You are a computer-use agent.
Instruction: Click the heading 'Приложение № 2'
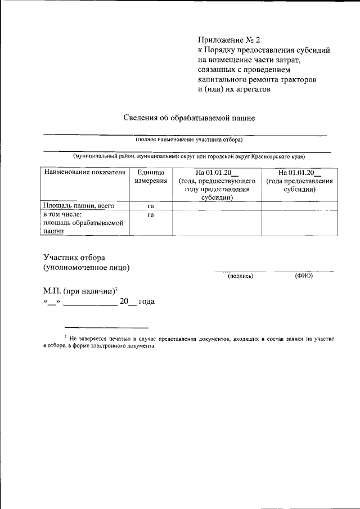229,39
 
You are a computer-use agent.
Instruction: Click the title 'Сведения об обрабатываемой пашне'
190,118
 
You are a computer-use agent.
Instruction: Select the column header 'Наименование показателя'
84,173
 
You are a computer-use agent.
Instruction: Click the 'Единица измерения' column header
150,177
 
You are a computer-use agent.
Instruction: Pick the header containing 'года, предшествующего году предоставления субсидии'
217,185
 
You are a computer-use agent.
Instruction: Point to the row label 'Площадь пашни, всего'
79,206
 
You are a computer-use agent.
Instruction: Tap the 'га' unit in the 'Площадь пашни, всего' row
150,206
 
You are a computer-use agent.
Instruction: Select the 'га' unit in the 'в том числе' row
150,215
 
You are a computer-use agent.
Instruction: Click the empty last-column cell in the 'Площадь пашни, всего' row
300,206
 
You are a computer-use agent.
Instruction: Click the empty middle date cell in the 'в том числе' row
217,223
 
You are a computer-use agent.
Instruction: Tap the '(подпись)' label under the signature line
240,276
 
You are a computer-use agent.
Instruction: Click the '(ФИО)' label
303,276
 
